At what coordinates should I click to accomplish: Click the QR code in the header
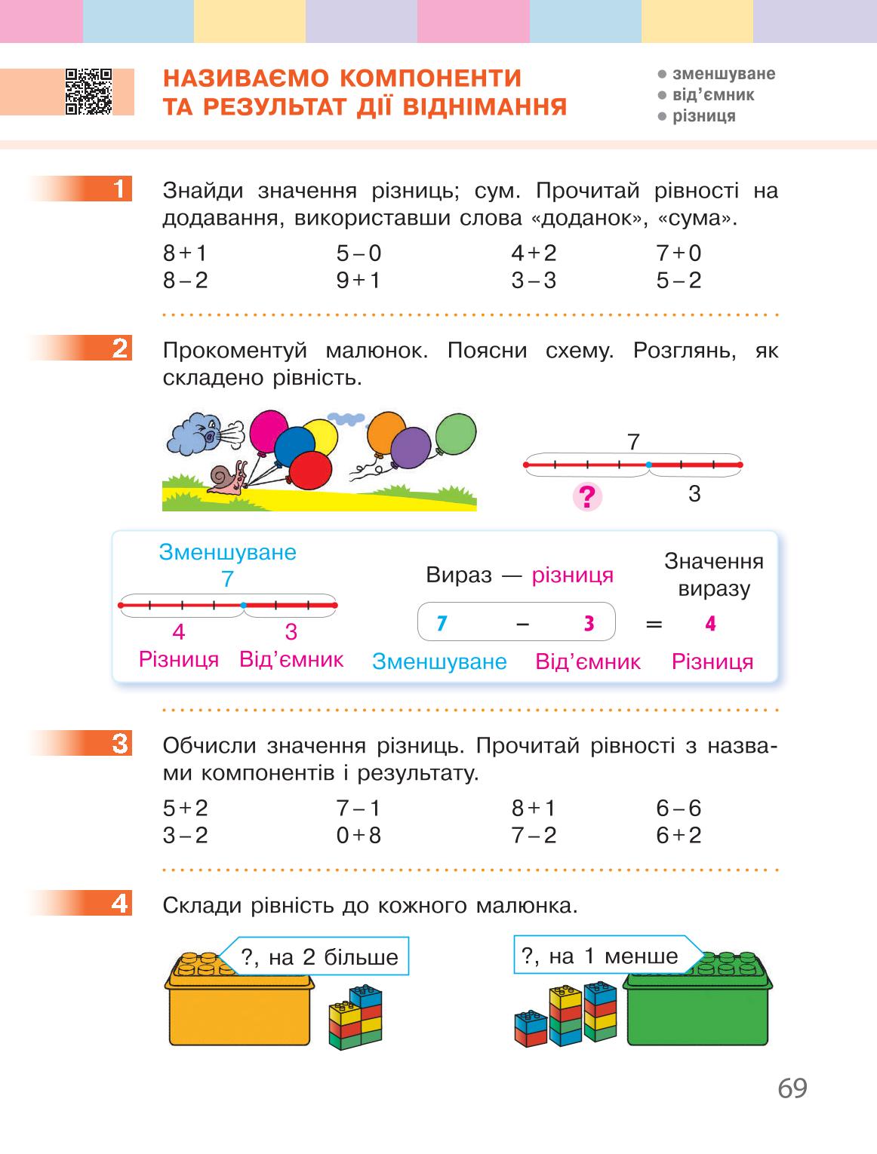(88, 91)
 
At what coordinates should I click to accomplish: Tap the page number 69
(792, 1088)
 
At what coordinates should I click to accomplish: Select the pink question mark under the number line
(587, 496)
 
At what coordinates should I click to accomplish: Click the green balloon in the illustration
(456, 434)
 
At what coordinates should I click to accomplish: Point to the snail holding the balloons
(228, 478)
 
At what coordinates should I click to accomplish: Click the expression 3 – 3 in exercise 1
(534, 281)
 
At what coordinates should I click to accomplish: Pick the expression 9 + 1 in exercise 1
(358, 281)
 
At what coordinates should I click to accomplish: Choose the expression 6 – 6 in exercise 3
(679, 808)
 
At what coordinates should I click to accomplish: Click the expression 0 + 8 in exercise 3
(358, 836)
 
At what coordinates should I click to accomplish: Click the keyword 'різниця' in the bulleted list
(704, 116)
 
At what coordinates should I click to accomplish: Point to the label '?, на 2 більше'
(318, 957)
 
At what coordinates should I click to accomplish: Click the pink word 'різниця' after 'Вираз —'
(572, 575)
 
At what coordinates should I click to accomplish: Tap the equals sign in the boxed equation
(654, 624)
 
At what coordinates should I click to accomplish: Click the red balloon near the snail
(310, 470)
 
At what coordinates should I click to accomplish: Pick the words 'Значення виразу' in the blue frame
(714, 575)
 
